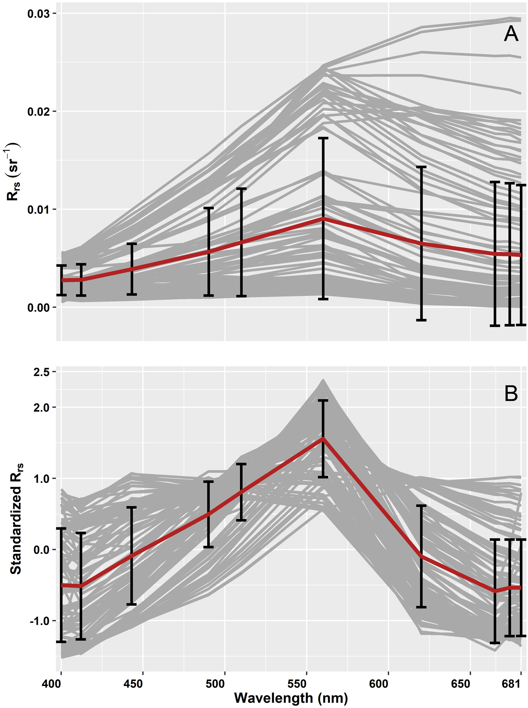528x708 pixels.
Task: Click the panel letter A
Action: pos(510,34)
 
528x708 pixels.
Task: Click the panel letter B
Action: pos(510,393)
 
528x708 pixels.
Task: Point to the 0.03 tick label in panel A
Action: pos(37,14)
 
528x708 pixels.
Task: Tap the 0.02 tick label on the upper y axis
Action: pos(37,112)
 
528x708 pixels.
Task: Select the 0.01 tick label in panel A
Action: pos(37,210)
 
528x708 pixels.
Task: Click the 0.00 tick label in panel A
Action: pos(37,308)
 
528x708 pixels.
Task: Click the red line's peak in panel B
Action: pos(323,439)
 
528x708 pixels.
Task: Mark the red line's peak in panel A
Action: pos(323,219)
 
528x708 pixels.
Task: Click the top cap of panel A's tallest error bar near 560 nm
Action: pos(323,138)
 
